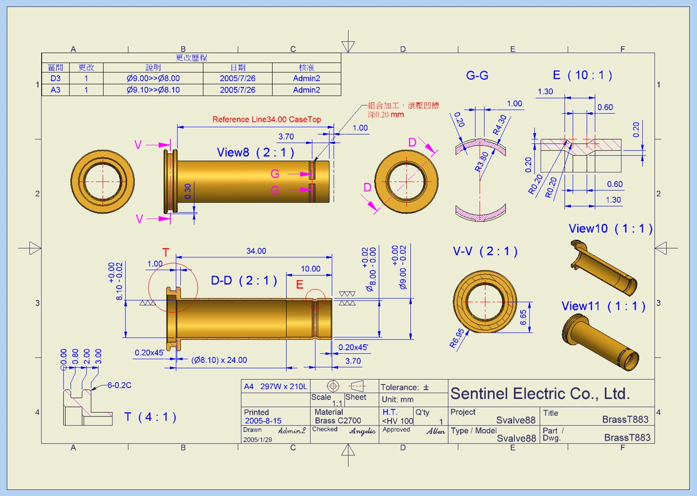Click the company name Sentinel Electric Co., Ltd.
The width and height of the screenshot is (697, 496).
[x=540, y=394]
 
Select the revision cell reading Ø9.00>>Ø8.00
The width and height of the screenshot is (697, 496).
[x=153, y=78]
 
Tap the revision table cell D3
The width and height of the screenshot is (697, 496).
[x=55, y=78]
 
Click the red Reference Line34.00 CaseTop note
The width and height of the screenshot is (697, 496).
[x=267, y=119]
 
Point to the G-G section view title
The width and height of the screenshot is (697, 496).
[x=477, y=76]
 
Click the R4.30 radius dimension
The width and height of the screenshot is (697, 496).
[x=500, y=125]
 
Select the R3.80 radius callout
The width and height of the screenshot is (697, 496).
[x=482, y=161]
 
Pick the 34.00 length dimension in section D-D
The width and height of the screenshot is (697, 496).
[x=256, y=251]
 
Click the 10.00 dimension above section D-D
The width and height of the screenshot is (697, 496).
[x=310, y=269]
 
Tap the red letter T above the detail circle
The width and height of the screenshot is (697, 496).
[x=166, y=252]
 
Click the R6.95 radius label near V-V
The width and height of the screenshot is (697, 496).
[x=457, y=338]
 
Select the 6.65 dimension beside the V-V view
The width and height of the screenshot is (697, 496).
[x=523, y=317]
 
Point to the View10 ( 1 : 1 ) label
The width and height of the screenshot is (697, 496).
[x=610, y=229]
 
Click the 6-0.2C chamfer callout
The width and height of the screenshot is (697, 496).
[x=119, y=385]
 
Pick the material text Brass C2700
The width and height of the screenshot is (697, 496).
[x=338, y=421]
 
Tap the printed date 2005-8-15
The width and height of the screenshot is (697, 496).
[x=263, y=421]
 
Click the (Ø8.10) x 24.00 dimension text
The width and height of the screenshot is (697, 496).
[x=219, y=360]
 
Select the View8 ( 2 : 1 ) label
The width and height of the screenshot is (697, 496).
[x=256, y=153]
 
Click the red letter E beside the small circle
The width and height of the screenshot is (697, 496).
[x=300, y=285]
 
